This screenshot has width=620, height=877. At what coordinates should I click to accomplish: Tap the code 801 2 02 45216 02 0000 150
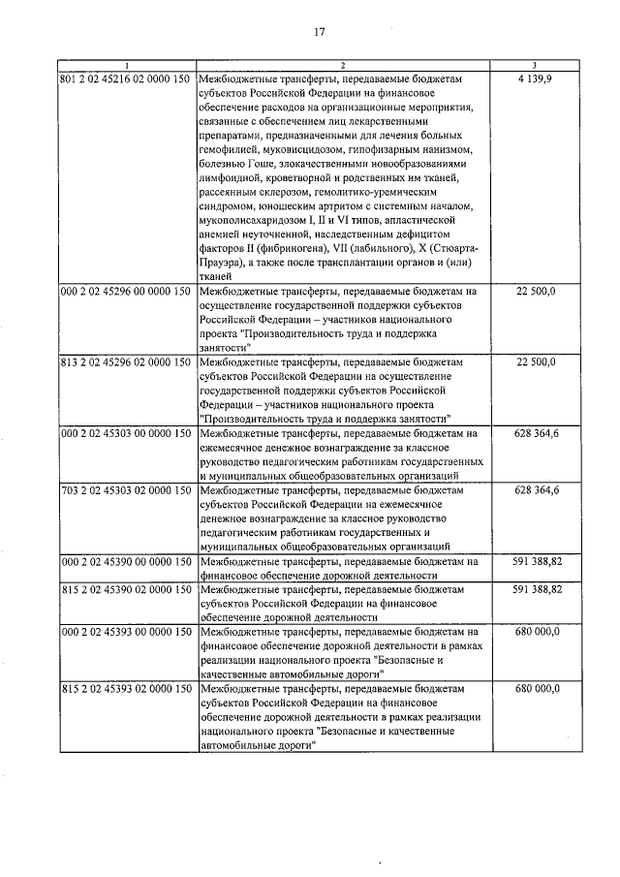(125, 78)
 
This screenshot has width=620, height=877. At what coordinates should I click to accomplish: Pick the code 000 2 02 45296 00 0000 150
(125, 291)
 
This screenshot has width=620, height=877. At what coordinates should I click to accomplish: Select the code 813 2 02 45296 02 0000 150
(125, 361)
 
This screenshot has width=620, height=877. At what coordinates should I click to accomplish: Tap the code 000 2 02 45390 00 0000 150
(125, 561)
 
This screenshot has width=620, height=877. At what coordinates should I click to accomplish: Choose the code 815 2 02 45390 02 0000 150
(125, 588)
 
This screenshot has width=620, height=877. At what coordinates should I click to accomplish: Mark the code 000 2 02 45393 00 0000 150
(125, 631)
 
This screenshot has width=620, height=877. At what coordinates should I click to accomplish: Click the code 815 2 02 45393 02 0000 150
(125, 688)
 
